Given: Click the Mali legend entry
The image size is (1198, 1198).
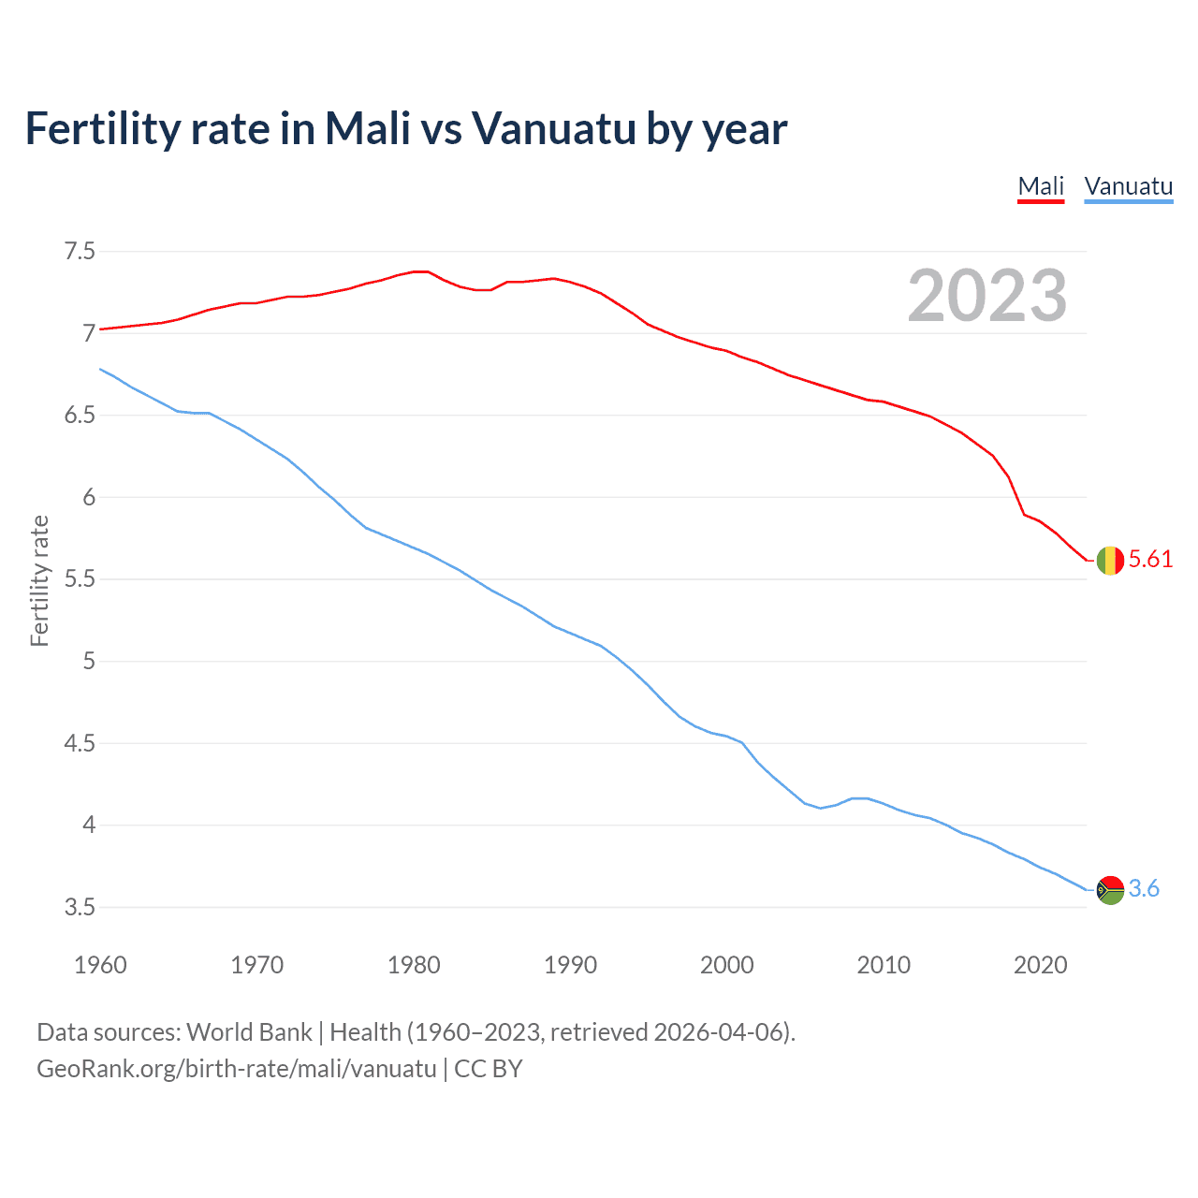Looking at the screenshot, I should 1041,186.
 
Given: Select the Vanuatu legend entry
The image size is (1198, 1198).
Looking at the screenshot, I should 1128,186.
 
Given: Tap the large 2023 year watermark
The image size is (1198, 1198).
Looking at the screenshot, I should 987,296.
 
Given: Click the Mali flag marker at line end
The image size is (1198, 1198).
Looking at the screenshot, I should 1110,560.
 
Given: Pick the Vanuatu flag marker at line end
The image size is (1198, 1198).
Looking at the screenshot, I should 1110,889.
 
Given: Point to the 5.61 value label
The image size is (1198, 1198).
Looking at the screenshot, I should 1150,560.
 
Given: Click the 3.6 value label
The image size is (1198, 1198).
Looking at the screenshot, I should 1144,889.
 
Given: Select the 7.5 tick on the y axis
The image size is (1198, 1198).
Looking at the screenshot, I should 80,252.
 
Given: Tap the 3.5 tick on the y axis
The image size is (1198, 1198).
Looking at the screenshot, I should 80,908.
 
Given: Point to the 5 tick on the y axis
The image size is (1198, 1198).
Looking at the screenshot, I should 89,662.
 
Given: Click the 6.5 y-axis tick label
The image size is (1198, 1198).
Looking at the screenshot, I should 80,416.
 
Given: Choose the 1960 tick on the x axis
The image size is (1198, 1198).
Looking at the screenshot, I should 100,965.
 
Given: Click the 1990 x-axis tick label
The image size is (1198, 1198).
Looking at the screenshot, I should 570,965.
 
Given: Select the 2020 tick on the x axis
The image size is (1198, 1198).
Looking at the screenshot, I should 1040,965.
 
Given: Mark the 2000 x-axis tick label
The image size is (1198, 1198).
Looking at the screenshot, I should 726,965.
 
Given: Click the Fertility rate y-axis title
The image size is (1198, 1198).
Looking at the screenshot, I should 39,580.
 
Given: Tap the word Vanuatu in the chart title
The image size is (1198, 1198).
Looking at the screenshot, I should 553,129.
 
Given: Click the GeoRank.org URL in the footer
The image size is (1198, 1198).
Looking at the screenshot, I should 236,1069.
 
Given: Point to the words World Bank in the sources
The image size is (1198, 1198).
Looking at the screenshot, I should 249,1032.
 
